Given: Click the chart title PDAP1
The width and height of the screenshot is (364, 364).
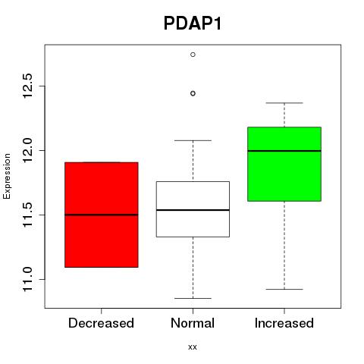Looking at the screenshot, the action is coord(193,24).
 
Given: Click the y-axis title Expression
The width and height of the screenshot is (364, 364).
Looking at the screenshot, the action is coord(7,176).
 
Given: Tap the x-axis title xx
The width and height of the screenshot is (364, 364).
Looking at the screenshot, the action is coord(193,347).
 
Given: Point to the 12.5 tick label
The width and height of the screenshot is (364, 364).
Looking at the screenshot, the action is coord(27,86).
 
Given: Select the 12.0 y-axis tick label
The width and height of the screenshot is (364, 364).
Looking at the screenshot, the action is coord(27,150).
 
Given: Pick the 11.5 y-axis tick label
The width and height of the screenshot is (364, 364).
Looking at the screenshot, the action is coord(27,215).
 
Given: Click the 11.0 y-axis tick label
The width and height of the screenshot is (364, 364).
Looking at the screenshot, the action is coord(27,279).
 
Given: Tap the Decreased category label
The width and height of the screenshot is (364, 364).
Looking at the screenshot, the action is coord(101,323).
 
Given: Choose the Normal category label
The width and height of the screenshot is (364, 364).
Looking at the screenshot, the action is coord(193,323).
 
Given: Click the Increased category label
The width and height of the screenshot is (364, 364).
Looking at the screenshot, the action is coord(284,323).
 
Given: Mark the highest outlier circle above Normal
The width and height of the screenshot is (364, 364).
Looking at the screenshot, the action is coord(193,55).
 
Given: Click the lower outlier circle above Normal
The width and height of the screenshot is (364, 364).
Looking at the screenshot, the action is coord(193,93).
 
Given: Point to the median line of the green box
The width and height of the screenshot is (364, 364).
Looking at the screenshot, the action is coord(284,151).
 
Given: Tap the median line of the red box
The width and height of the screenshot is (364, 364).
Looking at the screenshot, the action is coord(102,215).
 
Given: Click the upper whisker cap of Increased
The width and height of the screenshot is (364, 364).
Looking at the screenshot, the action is coord(284,103).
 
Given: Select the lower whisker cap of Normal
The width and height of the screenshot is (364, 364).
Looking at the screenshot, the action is coord(193,298).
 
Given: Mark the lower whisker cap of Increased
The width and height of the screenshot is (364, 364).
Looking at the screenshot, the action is coord(284,289).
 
